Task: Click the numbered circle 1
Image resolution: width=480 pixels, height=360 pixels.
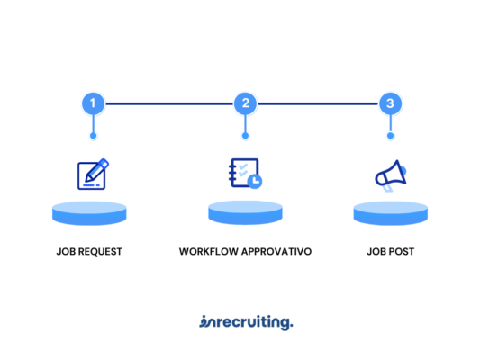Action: pos(94,103)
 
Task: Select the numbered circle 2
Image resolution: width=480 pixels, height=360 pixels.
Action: pos(245,103)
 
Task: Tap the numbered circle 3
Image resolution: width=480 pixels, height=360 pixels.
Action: pos(390,103)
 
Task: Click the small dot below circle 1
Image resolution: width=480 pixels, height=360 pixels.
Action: pos(94,136)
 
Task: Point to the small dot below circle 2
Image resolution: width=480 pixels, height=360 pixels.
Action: pos(245,136)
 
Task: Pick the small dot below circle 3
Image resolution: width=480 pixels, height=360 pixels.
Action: pos(390,136)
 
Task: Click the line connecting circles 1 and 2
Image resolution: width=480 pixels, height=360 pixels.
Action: pos(169,104)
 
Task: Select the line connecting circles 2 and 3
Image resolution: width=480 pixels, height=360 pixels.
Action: pos(318,104)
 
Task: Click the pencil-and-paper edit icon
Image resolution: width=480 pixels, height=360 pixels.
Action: pos(93,174)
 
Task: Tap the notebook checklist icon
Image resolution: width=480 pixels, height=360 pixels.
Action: pos(245,174)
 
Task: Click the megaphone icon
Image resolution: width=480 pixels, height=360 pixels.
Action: pos(391,175)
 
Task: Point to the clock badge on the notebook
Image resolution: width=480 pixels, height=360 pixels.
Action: pos(255,182)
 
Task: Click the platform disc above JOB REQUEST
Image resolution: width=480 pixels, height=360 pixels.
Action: pos(89,213)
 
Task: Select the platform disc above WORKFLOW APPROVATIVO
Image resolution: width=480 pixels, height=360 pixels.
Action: pos(245,212)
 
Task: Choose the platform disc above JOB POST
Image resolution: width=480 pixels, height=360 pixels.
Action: pos(391,213)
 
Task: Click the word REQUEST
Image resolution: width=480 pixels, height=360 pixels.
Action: pos(100,252)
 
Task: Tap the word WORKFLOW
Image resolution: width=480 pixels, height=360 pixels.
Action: pos(209,252)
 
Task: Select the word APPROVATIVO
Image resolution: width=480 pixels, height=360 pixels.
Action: pos(276,252)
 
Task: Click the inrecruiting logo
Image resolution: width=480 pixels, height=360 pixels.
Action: pos(246,323)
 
